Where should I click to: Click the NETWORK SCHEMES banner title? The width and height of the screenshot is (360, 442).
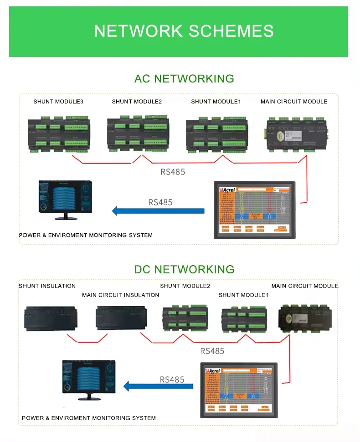click(x=184, y=31)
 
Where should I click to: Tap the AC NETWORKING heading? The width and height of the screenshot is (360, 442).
click(x=184, y=78)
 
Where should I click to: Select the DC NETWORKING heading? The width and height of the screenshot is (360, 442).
click(x=184, y=269)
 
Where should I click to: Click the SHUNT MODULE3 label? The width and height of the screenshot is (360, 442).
click(x=58, y=102)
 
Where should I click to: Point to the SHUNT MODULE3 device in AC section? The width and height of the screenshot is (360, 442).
click(x=59, y=135)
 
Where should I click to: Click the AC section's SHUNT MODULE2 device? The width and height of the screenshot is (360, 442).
click(x=138, y=133)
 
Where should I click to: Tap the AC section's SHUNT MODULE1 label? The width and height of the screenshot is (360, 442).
click(x=216, y=102)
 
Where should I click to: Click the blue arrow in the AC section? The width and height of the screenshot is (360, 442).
click(x=158, y=211)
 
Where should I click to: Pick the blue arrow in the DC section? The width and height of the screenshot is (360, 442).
click(x=159, y=386)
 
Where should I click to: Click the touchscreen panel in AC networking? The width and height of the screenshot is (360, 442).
click(x=255, y=210)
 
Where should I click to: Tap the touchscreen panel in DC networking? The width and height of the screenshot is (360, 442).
click(x=239, y=390)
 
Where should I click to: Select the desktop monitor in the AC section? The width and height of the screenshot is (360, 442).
click(x=65, y=200)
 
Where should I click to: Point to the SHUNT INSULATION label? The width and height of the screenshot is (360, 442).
click(x=47, y=286)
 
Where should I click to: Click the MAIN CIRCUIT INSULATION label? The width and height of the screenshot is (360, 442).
click(x=120, y=295)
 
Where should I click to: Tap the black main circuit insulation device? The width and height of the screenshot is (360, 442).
click(x=121, y=318)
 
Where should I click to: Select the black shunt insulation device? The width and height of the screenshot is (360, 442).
click(x=51, y=318)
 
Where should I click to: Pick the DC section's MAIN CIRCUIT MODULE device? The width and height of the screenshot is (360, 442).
click(x=305, y=317)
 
